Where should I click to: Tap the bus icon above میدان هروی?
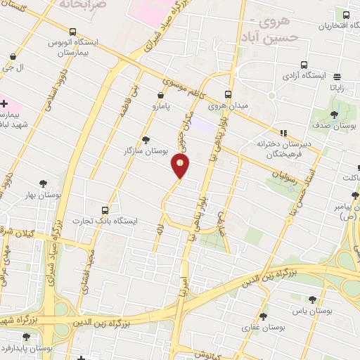(228, 94)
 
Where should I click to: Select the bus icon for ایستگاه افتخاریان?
(346, 14)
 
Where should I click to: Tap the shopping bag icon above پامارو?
(161, 94)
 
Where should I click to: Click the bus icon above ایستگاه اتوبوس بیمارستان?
(73, 31)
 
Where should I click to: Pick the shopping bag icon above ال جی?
(13, 56)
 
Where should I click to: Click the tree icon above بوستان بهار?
(44, 183)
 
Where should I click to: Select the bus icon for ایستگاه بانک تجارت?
(105, 210)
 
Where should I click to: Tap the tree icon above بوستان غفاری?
(264, 316)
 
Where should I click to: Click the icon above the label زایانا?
(337, 77)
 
